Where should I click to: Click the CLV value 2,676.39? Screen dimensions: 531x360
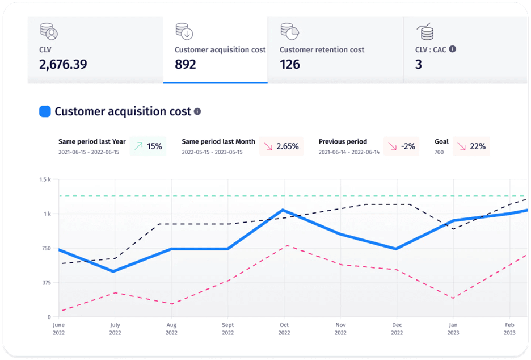coord(63,64)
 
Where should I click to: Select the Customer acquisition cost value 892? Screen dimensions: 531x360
coord(186,64)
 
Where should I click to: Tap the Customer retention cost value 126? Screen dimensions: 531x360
coord(290,64)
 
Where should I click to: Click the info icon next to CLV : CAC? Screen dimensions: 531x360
coord(453,49)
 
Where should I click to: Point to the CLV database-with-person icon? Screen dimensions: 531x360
coord(49,31)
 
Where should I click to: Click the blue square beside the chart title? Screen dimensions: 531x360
coord(45,111)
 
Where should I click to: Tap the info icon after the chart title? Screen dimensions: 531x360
coord(197,111)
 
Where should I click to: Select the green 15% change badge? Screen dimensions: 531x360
coord(148,146)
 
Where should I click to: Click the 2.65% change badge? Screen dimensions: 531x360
coord(281,146)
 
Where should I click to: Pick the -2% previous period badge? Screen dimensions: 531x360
coord(401,146)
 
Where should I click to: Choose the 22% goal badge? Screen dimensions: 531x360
coord(471,146)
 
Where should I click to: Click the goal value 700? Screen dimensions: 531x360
coord(439,152)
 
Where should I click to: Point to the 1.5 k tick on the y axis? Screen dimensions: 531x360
coord(45,179)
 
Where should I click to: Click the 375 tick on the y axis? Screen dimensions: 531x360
coord(47,282)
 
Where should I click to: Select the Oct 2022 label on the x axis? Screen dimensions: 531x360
coord(284,328)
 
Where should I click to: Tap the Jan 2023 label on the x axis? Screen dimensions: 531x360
coord(453,328)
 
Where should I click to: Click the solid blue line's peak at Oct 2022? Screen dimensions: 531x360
coord(283,210)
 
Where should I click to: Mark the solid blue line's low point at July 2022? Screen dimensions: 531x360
coord(114,271)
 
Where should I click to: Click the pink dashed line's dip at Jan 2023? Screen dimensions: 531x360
coord(453,298)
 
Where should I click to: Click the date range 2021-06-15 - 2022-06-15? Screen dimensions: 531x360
coord(88,152)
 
